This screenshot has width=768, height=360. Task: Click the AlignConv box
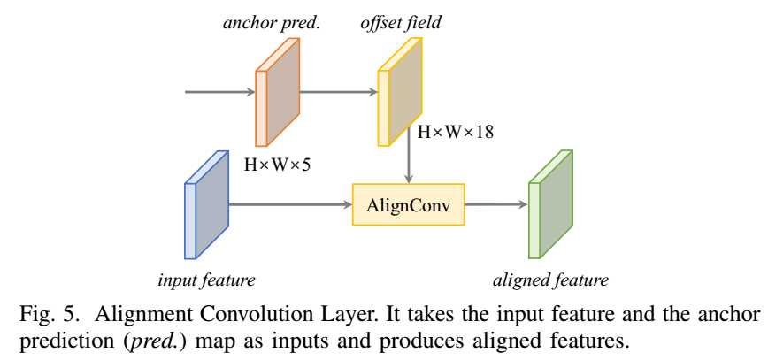[x=408, y=205]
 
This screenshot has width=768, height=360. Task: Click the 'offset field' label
[x=400, y=23]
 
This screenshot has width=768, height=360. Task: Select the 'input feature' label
[x=206, y=280]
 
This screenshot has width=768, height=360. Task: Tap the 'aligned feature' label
[x=550, y=280]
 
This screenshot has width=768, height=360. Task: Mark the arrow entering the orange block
[x=219, y=91]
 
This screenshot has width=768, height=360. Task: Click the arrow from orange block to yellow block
[x=339, y=91]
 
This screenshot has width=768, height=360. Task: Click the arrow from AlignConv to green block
[x=495, y=205]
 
